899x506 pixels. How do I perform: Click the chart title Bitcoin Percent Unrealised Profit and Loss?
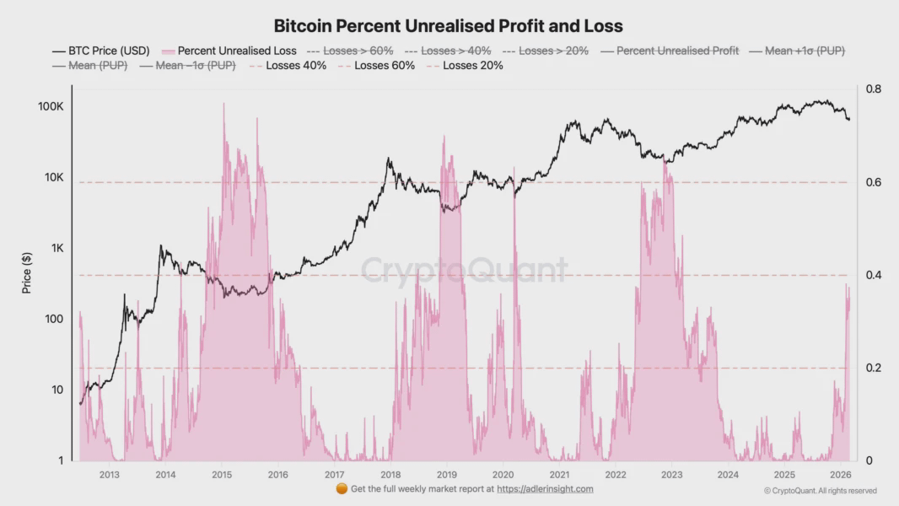pyautogui.click(x=449, y=26)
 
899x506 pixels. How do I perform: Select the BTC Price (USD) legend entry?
pyautogui.click(x=101, y=51)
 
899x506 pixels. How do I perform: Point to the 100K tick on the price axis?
pyautogui.click(x=51, y=107)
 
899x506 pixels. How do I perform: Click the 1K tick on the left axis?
pyautogui.click(x=55, y=248)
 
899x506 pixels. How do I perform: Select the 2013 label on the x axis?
pyautogui.click(x=109, y=475)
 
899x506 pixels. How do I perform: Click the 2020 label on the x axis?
pyautogui.click(x=503, y=475)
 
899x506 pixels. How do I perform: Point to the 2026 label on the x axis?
pyautogui.click(x=840, y=475)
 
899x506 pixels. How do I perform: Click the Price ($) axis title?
pyautogui.click(x=27, y=273)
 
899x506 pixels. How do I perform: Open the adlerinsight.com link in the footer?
pyautogui.click(x=545, y=489)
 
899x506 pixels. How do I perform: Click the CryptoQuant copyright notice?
pyautogui.click(x=820, y=491)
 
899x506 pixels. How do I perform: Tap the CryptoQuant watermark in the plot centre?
pyautogui.click(x=465, y=270)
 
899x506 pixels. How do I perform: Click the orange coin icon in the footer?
pyautogui.click(x=342, y=489)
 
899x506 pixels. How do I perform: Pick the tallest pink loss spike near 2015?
pyautogui.click(x=223, y=105)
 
